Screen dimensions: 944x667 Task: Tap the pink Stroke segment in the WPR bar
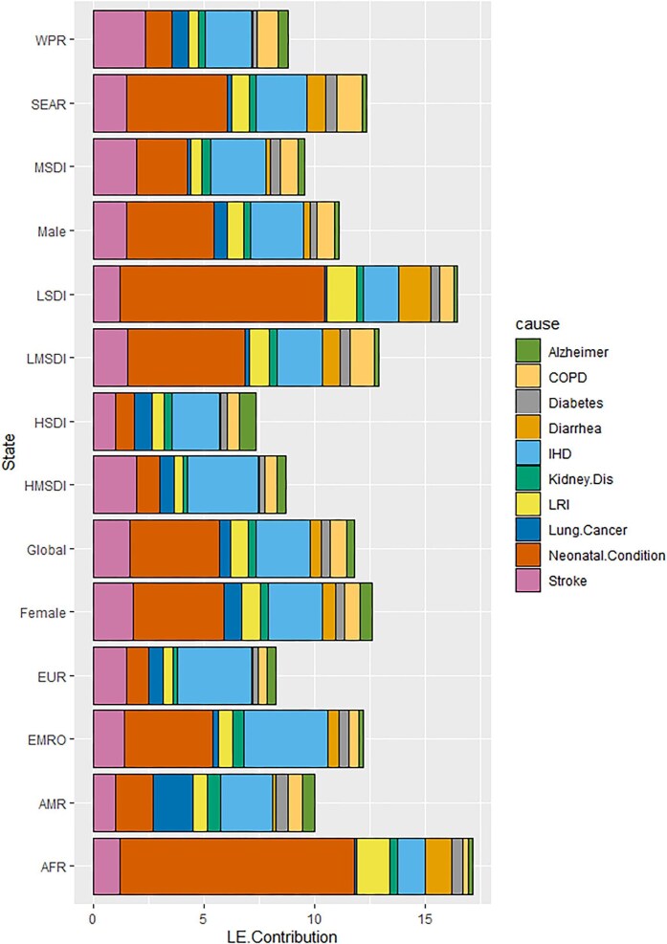coord(119,39)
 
